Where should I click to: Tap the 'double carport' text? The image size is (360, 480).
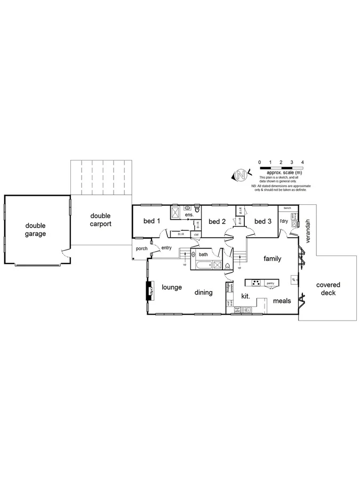(x=100, y=220)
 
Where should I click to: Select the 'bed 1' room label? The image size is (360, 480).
(x=152, y=221)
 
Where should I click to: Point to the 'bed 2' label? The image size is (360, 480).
(x=218, y=221)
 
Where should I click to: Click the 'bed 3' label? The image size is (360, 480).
(x=263, y=221)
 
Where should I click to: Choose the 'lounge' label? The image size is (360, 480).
(x=172, y=287)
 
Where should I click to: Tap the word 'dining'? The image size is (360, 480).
(x=203, y=292)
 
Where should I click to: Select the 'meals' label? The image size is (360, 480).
(x=282, y=301)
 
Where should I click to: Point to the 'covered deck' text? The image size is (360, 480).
(x=328, y=289)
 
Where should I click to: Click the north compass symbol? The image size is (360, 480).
(x=241, y=174)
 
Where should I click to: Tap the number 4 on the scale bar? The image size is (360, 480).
(x=302, y=162)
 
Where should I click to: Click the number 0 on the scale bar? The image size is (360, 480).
(x=259, y=162)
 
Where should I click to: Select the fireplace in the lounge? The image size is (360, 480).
(x=150, y=291)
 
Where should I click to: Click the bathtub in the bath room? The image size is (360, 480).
(x=203, y=265)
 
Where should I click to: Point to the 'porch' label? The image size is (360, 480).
(x=141, y=249)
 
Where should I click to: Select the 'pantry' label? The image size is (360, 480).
(x=270, y=283)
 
